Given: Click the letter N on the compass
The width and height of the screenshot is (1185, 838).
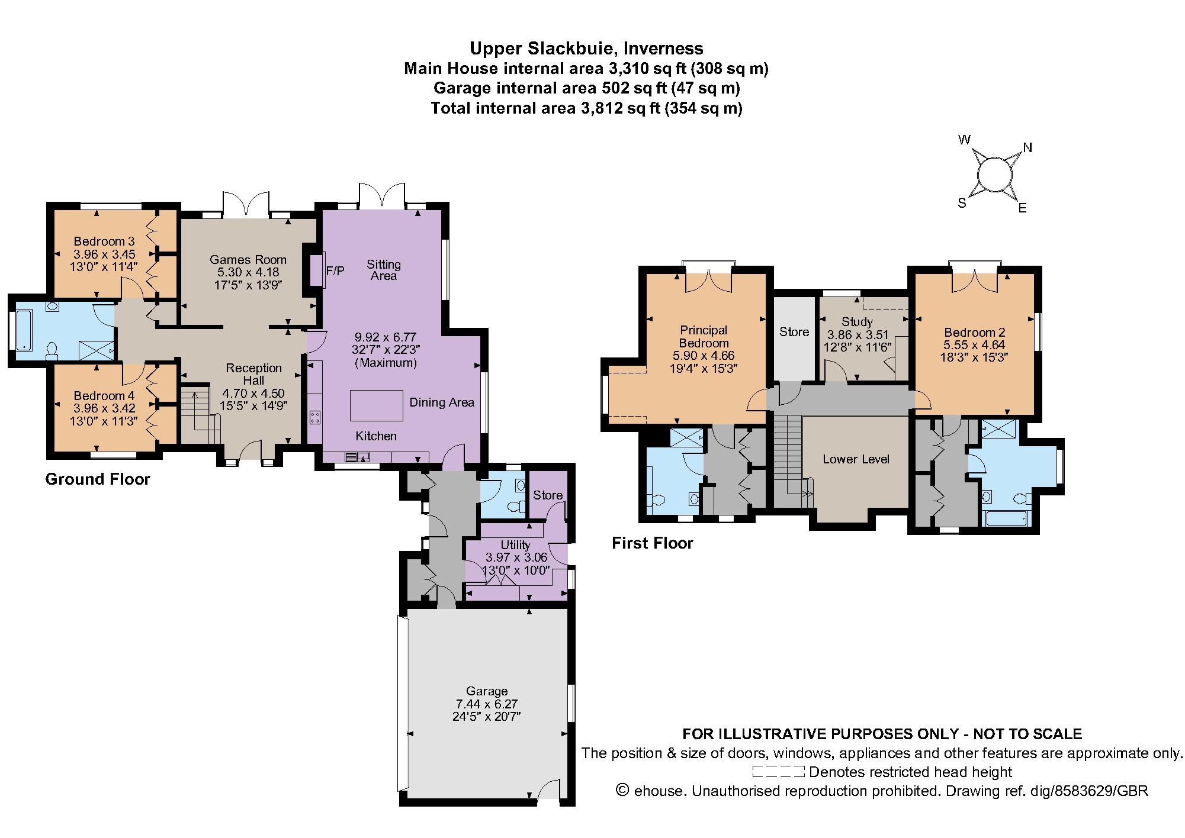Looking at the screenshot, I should coord(1027,148).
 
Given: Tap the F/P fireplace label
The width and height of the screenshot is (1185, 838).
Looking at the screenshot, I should coord(335,272).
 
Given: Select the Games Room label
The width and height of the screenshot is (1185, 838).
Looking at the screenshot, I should coord(248,259).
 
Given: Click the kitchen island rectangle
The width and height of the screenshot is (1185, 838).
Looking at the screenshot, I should coord(376,405).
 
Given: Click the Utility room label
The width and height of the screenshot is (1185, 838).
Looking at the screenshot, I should coord(515,544).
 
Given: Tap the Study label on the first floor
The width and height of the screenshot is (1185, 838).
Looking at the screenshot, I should coord(857,322).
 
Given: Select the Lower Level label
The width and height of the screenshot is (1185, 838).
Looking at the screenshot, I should coord(856,459).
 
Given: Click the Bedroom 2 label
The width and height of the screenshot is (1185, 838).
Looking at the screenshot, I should coord(974,333).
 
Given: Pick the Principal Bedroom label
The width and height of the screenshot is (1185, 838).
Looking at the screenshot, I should coord(704,336).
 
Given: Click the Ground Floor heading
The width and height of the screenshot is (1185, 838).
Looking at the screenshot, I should coord(98,479).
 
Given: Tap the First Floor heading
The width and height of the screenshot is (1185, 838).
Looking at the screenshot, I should coord(652,543).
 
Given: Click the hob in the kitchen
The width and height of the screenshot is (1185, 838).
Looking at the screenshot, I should coord(315,417).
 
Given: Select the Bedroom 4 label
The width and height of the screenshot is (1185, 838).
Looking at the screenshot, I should coord(104,396).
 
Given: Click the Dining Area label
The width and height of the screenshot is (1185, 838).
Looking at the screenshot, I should coord(442,402).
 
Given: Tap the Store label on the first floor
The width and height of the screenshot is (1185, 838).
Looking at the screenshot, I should coord(794,332).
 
